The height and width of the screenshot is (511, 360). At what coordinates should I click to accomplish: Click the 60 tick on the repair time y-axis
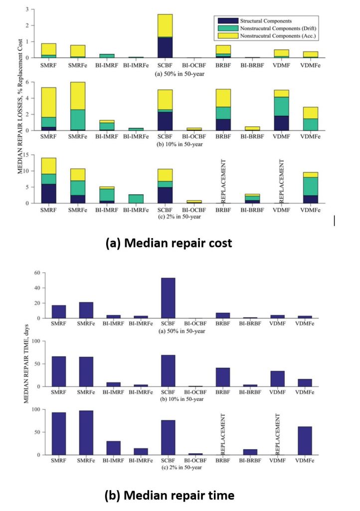(37, 273)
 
